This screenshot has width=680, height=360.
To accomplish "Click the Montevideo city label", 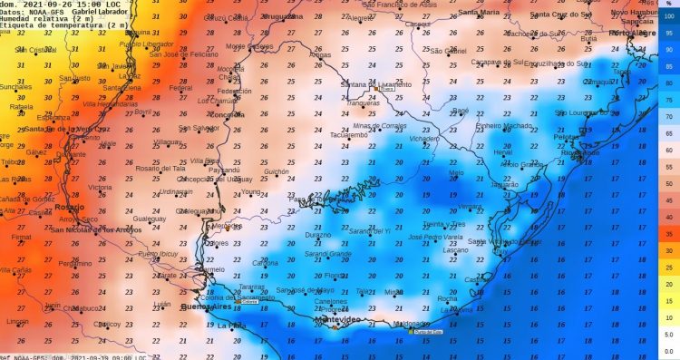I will click(x=336, y=321).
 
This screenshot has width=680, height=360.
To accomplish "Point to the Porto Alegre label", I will click(x=633, y=33).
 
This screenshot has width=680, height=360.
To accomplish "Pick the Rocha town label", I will click(x=448, y=298).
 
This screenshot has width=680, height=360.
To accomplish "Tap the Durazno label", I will click(x=317, y=234).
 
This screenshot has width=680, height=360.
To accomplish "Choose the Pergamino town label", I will click(x=74, y=263).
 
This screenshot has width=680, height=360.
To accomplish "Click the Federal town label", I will click(x=180, y=88).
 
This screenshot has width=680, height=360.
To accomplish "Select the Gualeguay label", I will click(x=150, y=219).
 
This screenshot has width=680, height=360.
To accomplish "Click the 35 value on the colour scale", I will click(x=668, y=232).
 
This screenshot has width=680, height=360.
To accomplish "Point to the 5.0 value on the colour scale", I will click(x=668, y=335).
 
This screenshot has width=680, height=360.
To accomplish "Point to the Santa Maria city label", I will click(x=479, y=13).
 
